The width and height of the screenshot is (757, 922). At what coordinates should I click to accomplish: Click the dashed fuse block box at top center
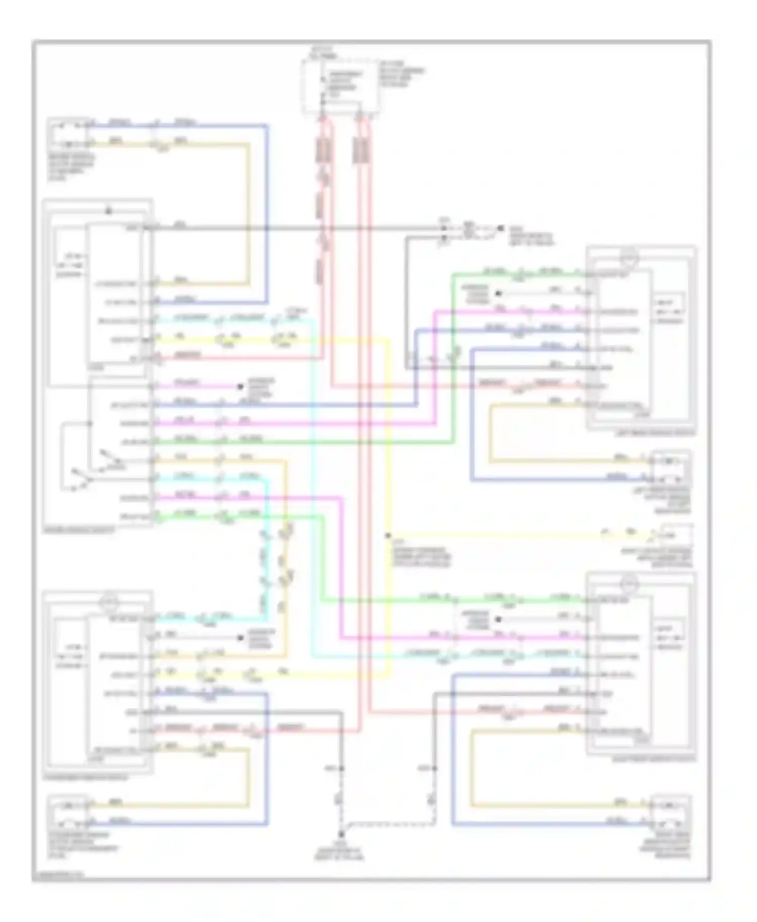click(x=341, y=86)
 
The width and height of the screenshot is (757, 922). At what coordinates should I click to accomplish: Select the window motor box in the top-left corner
click(x=68, y=134)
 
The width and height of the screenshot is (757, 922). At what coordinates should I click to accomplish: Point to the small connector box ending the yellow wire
click(x=676, y=535)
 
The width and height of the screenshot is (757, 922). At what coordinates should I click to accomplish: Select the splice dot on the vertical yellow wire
click(x=388, y=536)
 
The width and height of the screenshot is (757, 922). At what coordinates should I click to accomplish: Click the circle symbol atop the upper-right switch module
click(x=629, y=258)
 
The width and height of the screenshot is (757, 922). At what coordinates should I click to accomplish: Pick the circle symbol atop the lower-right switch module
click(x=629, y=584)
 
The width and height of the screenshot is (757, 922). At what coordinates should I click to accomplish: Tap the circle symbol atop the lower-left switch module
click(x=110, y=602)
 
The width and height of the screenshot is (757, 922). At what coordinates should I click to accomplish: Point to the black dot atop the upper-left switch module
click(x=107, y=211)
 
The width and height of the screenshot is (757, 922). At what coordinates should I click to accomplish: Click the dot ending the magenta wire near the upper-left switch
click(x=241, y=387)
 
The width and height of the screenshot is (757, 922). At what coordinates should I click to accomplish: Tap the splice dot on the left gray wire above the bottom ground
click(x=342, y=769)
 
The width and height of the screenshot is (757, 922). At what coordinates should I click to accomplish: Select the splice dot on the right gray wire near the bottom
click(x=435, y=769)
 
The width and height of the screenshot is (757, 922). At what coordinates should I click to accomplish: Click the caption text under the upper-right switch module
click(x=655, y=433)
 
